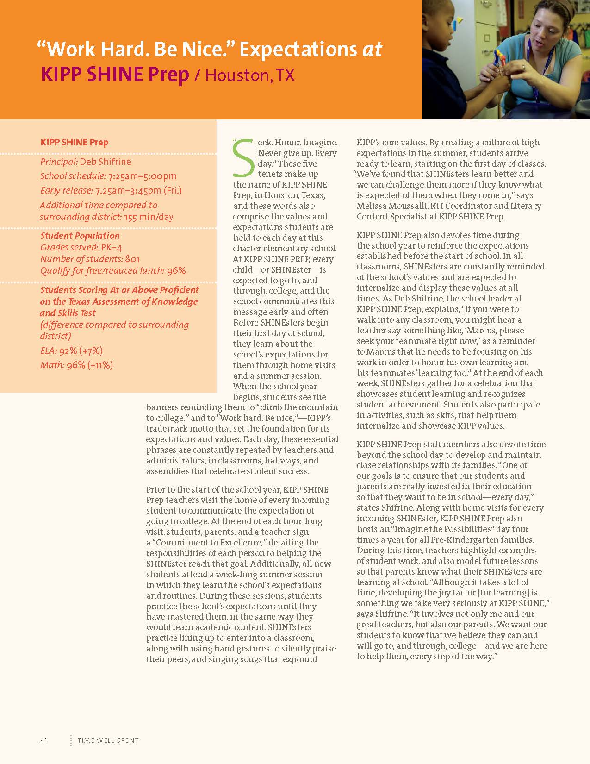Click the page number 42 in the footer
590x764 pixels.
click(x=44, y=740)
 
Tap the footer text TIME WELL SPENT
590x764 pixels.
click(x=108, y=740)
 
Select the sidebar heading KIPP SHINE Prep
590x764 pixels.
click(x=75, y=142)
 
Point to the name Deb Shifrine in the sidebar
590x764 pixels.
click(x=106, y=162)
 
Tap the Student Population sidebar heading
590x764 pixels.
click(x=80, y=236)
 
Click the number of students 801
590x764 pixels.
click(x=132, y=259)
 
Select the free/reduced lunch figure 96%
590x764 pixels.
click(x=176, y=270)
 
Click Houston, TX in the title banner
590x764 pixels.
click(x=250, y=75)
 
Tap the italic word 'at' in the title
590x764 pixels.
click(x=372, y=50)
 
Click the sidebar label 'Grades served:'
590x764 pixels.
click(x=69, y=247)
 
